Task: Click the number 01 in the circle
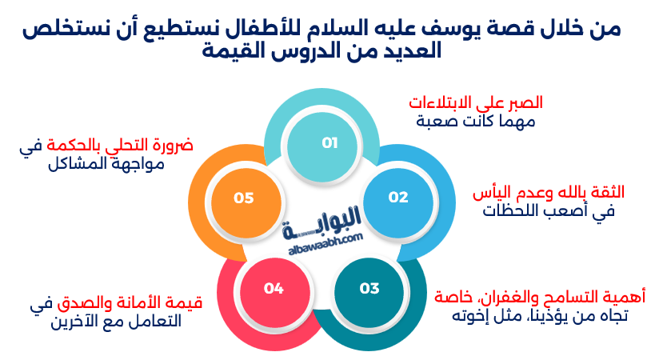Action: [329, 143]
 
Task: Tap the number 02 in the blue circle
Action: [398, 197]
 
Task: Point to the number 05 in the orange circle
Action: [244, 197]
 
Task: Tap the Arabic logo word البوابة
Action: [324, 218]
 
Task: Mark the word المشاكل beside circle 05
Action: [68, 166]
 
